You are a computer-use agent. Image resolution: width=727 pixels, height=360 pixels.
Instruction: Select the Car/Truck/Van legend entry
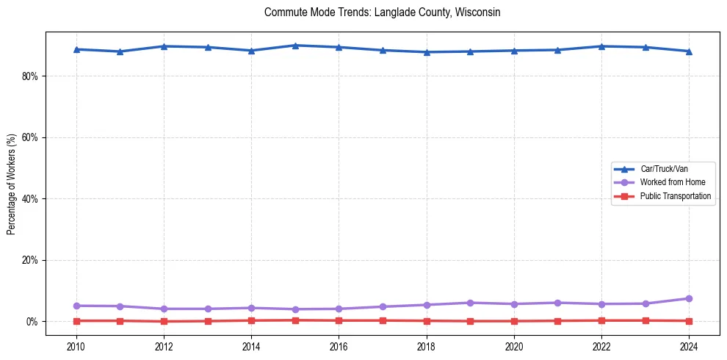[x=664, y=169]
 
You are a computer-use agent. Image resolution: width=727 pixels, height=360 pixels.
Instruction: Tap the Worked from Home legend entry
[x=672, y=182]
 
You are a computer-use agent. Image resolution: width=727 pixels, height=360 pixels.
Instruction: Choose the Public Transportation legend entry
[x=675, y=196]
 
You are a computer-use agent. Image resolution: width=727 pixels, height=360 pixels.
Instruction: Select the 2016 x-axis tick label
[x=339, y=345]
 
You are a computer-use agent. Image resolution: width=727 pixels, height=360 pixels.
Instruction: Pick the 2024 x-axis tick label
[x=688, y=345]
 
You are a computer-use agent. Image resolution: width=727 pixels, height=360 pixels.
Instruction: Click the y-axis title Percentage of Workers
[x=11, y=184]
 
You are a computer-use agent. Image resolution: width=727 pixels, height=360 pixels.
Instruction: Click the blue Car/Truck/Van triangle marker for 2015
[x=294, y=46]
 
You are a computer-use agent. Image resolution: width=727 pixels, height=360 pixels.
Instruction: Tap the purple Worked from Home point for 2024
[x=688, y=298]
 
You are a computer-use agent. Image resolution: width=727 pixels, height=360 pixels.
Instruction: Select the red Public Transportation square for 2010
[x=76, y=320]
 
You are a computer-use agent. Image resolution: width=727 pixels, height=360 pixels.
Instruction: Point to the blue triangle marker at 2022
[x=601, y=46]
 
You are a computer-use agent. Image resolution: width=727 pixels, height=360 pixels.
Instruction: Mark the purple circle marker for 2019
[x=470, y=303]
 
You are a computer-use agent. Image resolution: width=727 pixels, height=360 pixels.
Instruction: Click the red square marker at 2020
[x=513, y=321]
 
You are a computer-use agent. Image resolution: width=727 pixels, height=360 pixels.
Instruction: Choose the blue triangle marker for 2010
[x=76, y=49]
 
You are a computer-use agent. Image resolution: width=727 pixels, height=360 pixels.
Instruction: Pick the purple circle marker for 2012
[x=164, y=309]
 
